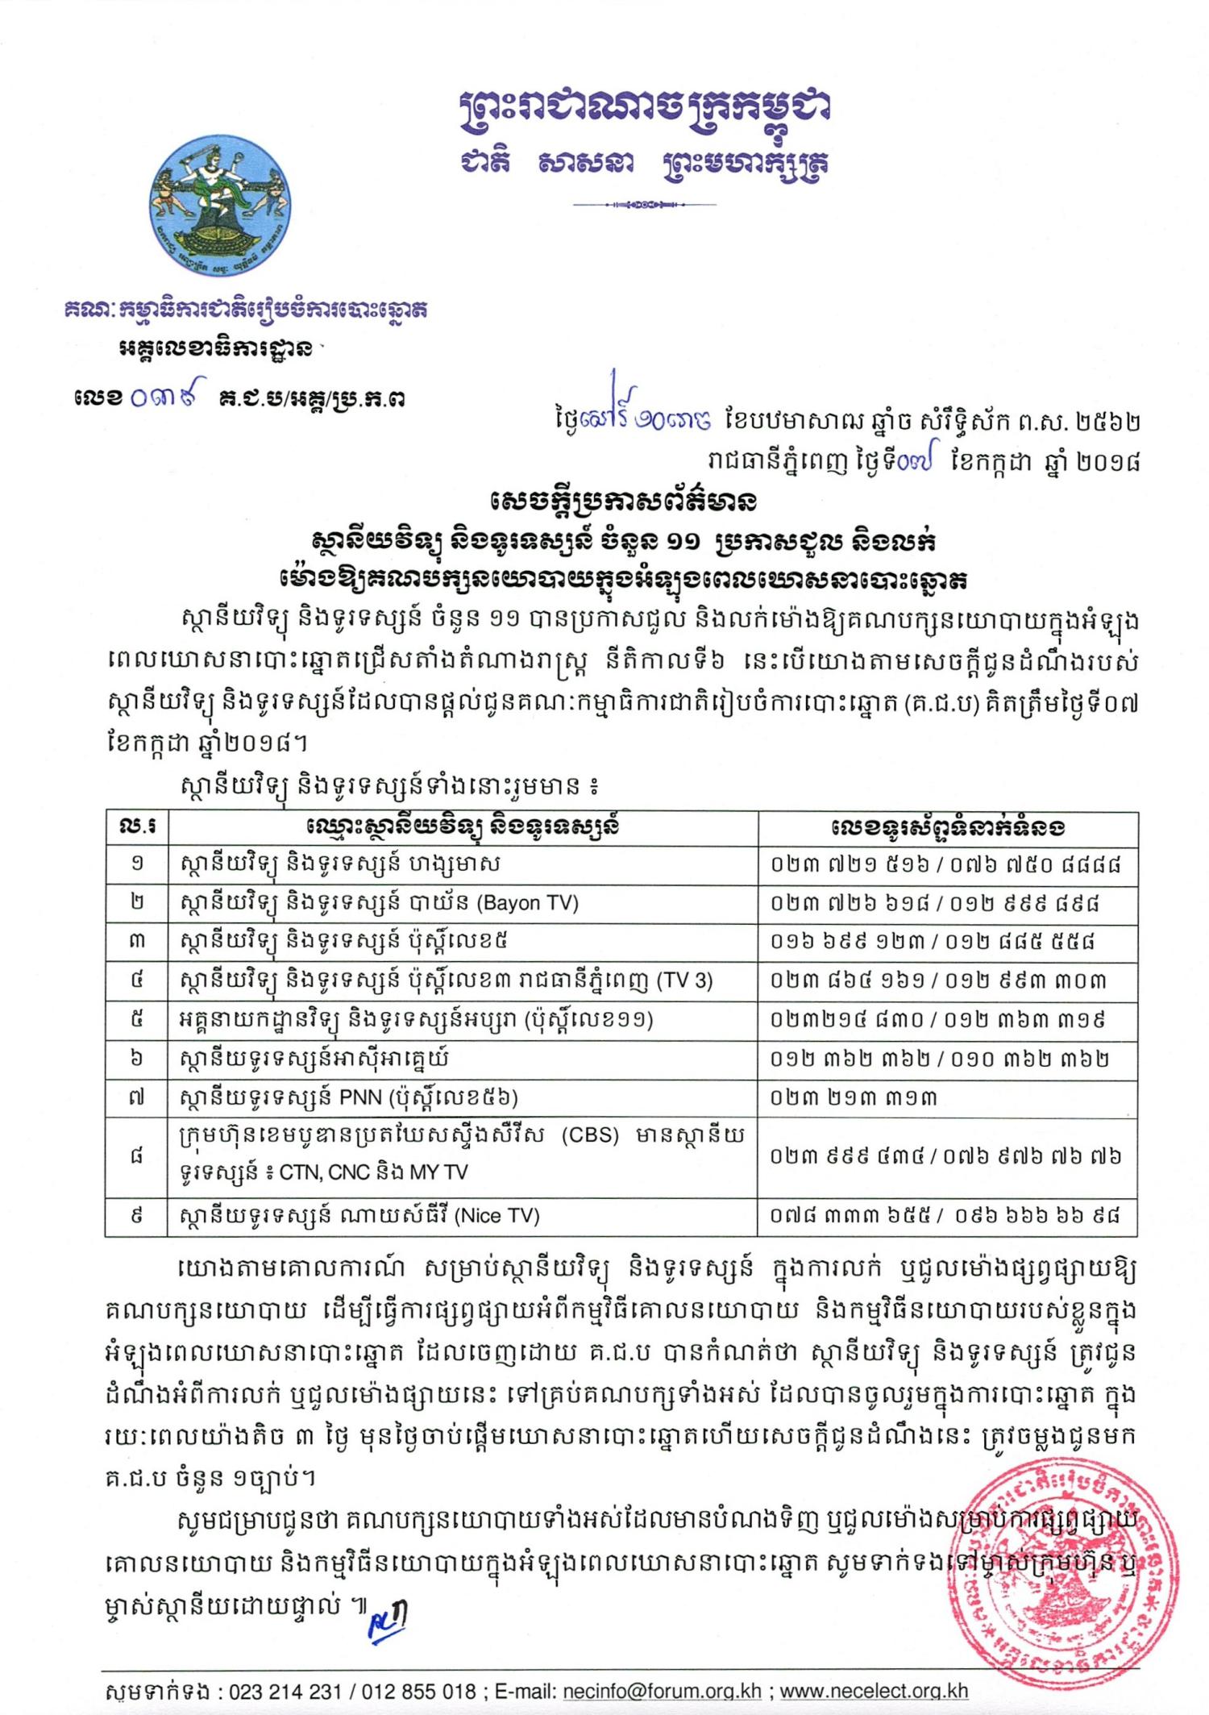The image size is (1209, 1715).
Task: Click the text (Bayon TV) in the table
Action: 527,902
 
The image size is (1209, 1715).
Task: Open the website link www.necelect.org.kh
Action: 874,1691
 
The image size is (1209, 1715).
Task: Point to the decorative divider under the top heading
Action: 645,205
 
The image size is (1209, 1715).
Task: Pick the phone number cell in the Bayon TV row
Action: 946,902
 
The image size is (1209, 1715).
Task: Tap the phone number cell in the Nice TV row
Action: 946,1215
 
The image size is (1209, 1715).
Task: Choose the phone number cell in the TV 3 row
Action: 946,980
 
